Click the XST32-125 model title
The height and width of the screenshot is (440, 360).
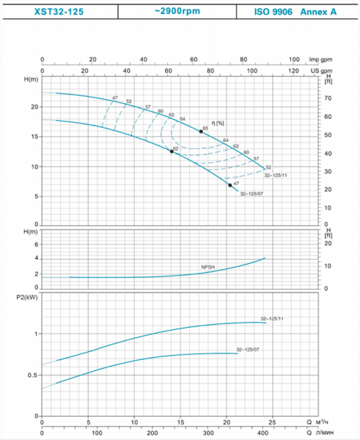point(59,12)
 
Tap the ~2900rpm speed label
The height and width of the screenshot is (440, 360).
point(177,11)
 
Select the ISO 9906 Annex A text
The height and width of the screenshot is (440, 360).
point(295,12)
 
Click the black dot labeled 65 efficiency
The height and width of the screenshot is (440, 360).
point(201,131)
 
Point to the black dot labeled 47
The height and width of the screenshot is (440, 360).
point(230,186)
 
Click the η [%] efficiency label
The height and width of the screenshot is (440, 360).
point(218,123)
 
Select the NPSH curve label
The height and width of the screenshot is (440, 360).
point(208,267)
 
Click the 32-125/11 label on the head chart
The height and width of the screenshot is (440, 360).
point(276,175)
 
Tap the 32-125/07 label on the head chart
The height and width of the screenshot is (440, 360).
point(251,194)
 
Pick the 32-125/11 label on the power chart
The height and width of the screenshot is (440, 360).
point(272,319)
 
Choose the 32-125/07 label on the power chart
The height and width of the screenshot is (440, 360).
point(248,350)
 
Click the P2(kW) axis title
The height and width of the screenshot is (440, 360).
point(27,298)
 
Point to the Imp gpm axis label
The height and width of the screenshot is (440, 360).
point(320,59)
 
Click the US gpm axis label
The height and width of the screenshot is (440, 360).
point(321,70)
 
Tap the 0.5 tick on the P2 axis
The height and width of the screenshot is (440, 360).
point(33,375)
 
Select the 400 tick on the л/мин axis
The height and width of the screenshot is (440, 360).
point(262,433)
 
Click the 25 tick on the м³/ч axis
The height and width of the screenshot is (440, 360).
point(272,422)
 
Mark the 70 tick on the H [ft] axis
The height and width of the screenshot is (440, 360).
point(328,98)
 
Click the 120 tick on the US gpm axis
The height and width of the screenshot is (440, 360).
point(293,70)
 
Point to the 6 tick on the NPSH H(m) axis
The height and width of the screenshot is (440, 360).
point(36,244)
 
